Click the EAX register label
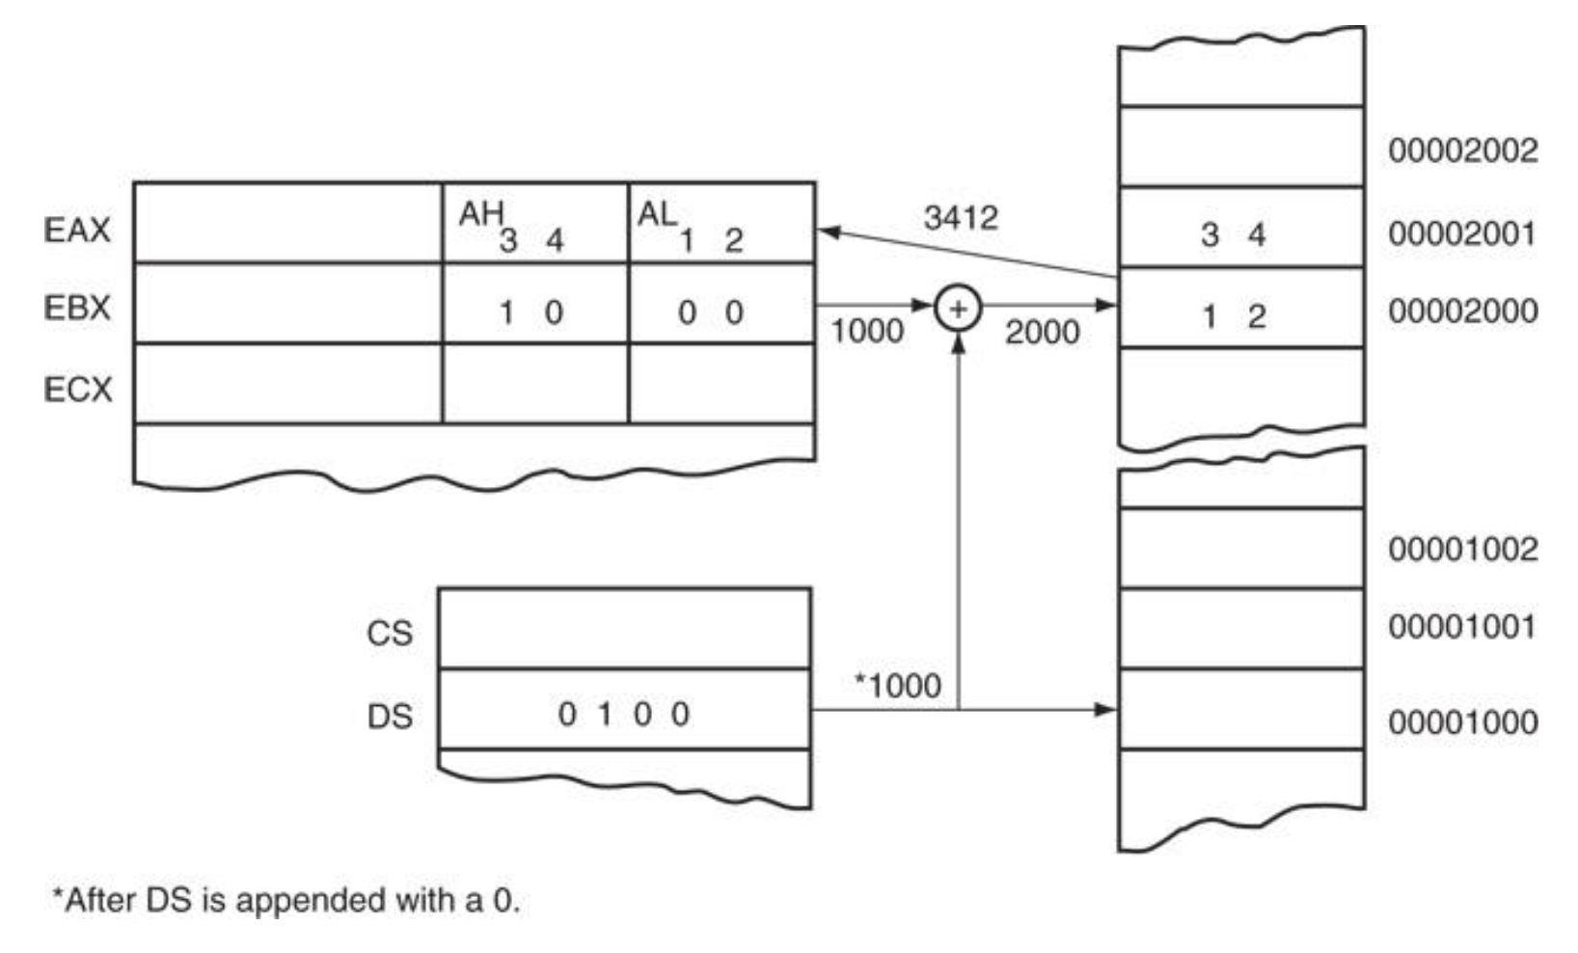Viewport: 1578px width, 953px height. coord(77,231)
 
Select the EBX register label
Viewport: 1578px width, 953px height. coord(77,309)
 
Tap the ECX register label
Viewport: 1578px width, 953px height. coord(77,390)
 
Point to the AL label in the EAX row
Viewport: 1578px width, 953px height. coord(657,214)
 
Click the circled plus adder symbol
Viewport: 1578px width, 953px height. coord(958,309)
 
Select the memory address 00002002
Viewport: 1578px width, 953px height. coord(1462,150)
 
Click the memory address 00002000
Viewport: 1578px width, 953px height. coord(1462,312)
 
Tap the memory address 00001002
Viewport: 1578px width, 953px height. coord(1462,549)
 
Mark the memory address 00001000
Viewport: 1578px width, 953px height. coord(1462,722)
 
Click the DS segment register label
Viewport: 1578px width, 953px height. coord(390,717)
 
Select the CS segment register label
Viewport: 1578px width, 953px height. coord(390,634)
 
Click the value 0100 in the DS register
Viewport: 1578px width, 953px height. coord(624,715)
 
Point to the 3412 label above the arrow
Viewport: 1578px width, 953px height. coord(961,218)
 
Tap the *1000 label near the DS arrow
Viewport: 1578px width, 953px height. coord(898,686)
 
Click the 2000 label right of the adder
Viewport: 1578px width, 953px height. coord(1042,333)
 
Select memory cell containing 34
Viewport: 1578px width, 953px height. coord(1240,233)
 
